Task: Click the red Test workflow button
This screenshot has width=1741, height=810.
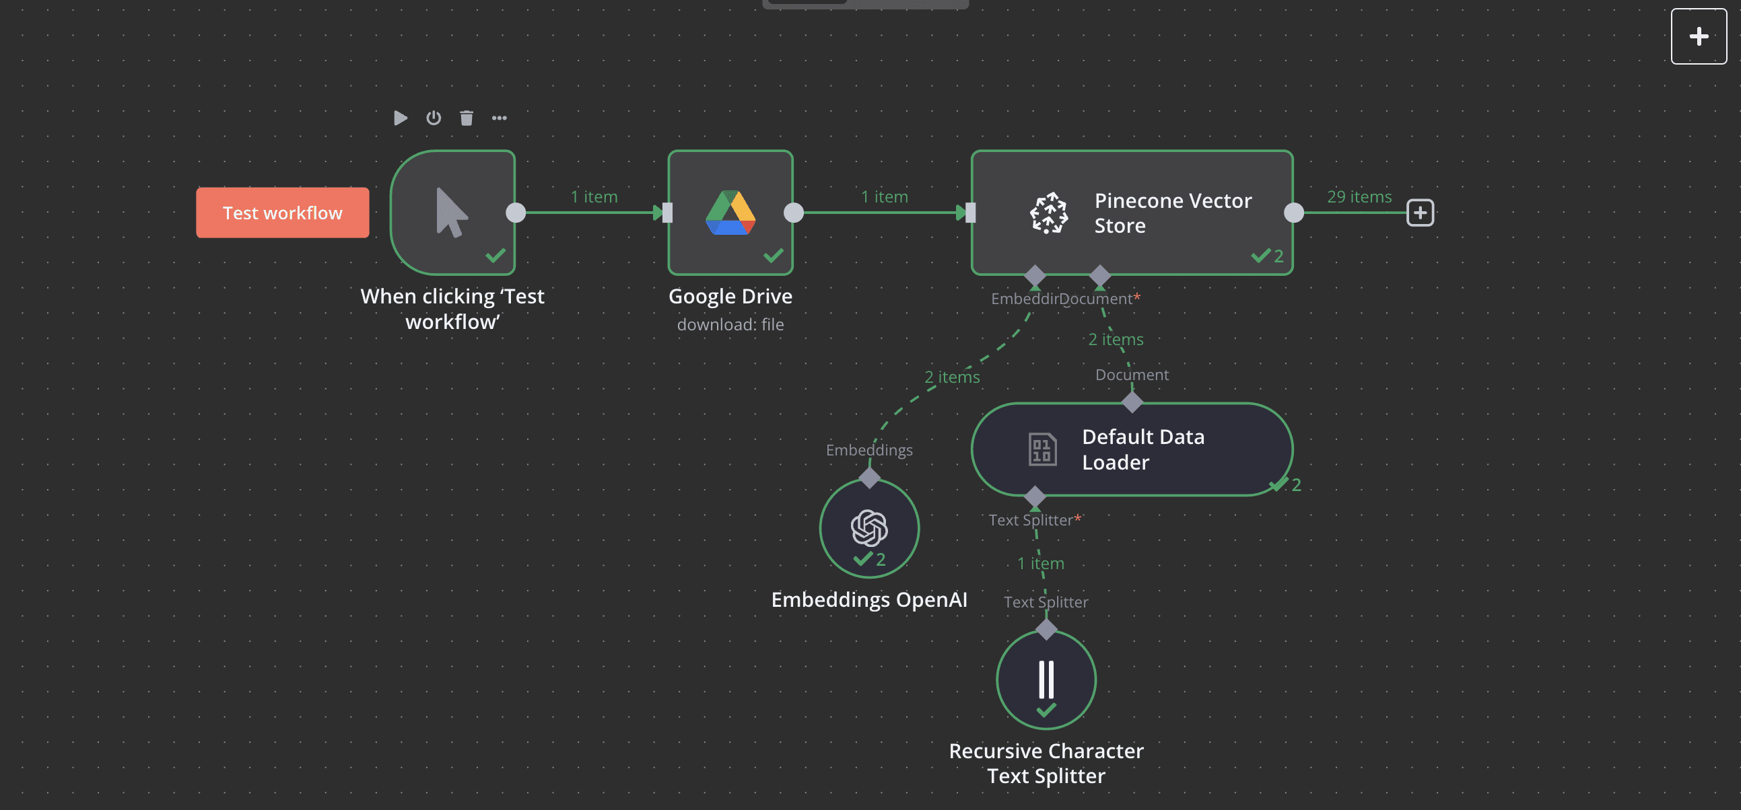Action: tap(283, 213)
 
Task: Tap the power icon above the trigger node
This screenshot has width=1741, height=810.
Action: tap(433, 118)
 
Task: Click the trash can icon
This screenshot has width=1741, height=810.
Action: tap(467, 118)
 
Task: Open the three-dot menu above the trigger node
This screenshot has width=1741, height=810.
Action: tap(500, 118)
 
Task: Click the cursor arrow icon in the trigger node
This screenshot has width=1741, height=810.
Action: tap(452, 213)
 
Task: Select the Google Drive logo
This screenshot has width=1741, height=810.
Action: tap(730, 213)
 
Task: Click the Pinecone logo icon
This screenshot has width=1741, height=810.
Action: tap(1049, 213)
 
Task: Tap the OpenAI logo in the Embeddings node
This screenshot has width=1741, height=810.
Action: tap(869, 527)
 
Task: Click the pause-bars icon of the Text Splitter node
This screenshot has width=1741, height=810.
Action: tap(1046, 679)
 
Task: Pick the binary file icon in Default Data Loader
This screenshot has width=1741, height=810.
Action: tap(1042, 449)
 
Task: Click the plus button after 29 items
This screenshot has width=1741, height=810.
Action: tap(1421, 213)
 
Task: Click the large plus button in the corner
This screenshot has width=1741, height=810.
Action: tap(1699, 36)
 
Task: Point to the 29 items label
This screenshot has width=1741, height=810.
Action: tap(1359, 196)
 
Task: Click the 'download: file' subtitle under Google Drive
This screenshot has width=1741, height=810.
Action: tap(730, 324)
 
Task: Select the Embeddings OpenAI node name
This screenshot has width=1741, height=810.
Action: tap(869, 599)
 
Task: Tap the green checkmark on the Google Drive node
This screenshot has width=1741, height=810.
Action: tap(774, 256)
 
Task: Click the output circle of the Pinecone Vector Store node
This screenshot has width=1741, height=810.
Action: tap(1293, 213)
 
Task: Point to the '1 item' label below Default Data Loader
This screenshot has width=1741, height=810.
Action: tap(1041, 563)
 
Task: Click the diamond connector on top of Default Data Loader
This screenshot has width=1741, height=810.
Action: tap(1132, 402)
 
